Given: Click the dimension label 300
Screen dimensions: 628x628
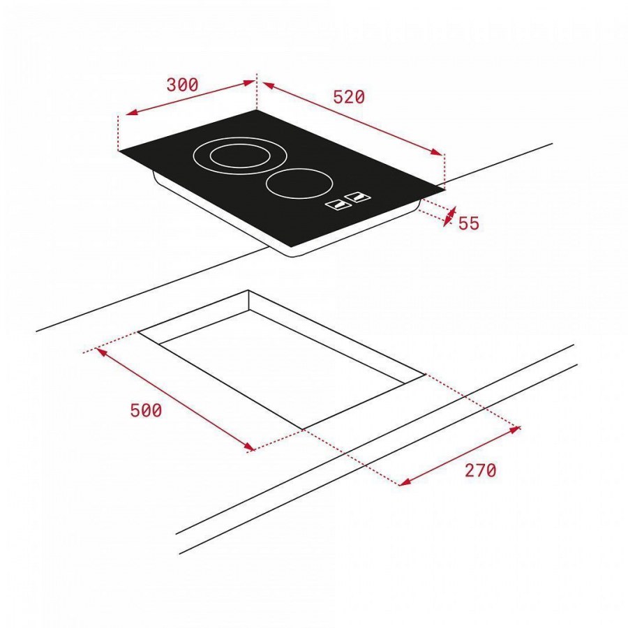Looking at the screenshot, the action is tap(182, 85).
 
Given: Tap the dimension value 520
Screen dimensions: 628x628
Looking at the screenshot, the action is tap(349, 97).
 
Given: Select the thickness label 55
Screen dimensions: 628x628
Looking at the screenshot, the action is tap(469, 223).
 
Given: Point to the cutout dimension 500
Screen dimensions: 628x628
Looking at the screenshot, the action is tap(147, 410).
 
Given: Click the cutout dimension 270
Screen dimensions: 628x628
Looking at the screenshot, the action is tap(480, 470).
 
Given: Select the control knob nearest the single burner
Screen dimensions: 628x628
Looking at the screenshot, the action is tap(359, 197).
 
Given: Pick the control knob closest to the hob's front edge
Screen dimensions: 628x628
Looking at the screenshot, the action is tap(338, 204).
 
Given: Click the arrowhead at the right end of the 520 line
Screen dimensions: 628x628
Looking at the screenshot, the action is tap(437, 152).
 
